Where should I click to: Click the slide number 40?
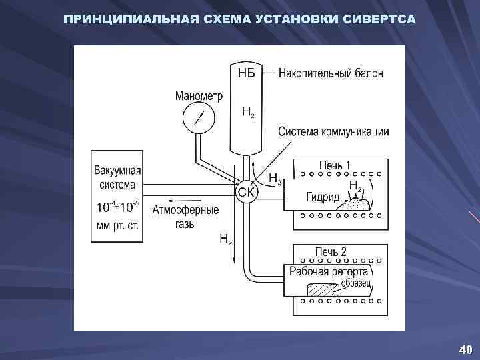click(x=465, y=349)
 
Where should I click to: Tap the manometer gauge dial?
click(x=197, y=119)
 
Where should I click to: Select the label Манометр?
click(x=199, y=95)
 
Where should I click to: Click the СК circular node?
click(x=244, y=191)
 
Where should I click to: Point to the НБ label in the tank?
click(x=246, y=73)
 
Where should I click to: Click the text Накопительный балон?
click(x=331, y=73)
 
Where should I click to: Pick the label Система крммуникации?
click(x=333, y=131)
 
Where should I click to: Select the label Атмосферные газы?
click(x=185, y=217)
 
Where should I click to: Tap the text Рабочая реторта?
click(x=328, y=271)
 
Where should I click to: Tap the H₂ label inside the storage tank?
click(x=247, y=113)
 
